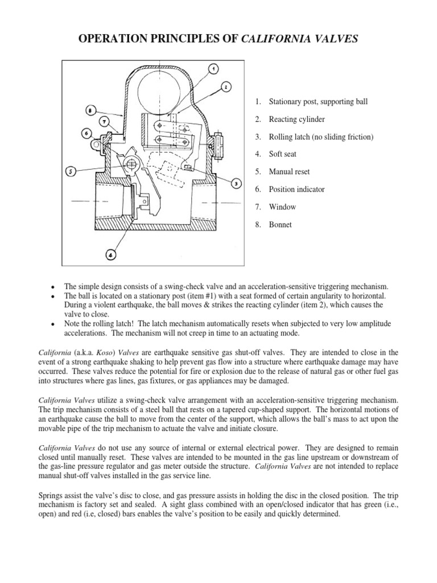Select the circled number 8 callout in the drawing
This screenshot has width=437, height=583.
93,110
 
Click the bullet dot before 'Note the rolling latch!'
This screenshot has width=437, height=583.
53,324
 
